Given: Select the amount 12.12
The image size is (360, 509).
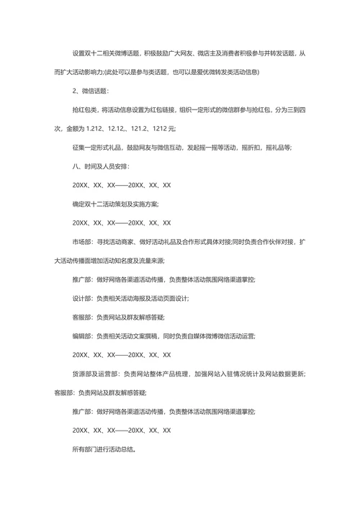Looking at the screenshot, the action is (131, 128).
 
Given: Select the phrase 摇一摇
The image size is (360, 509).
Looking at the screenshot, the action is (204, 147).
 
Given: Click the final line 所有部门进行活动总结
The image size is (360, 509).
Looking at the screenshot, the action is (104, 449).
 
